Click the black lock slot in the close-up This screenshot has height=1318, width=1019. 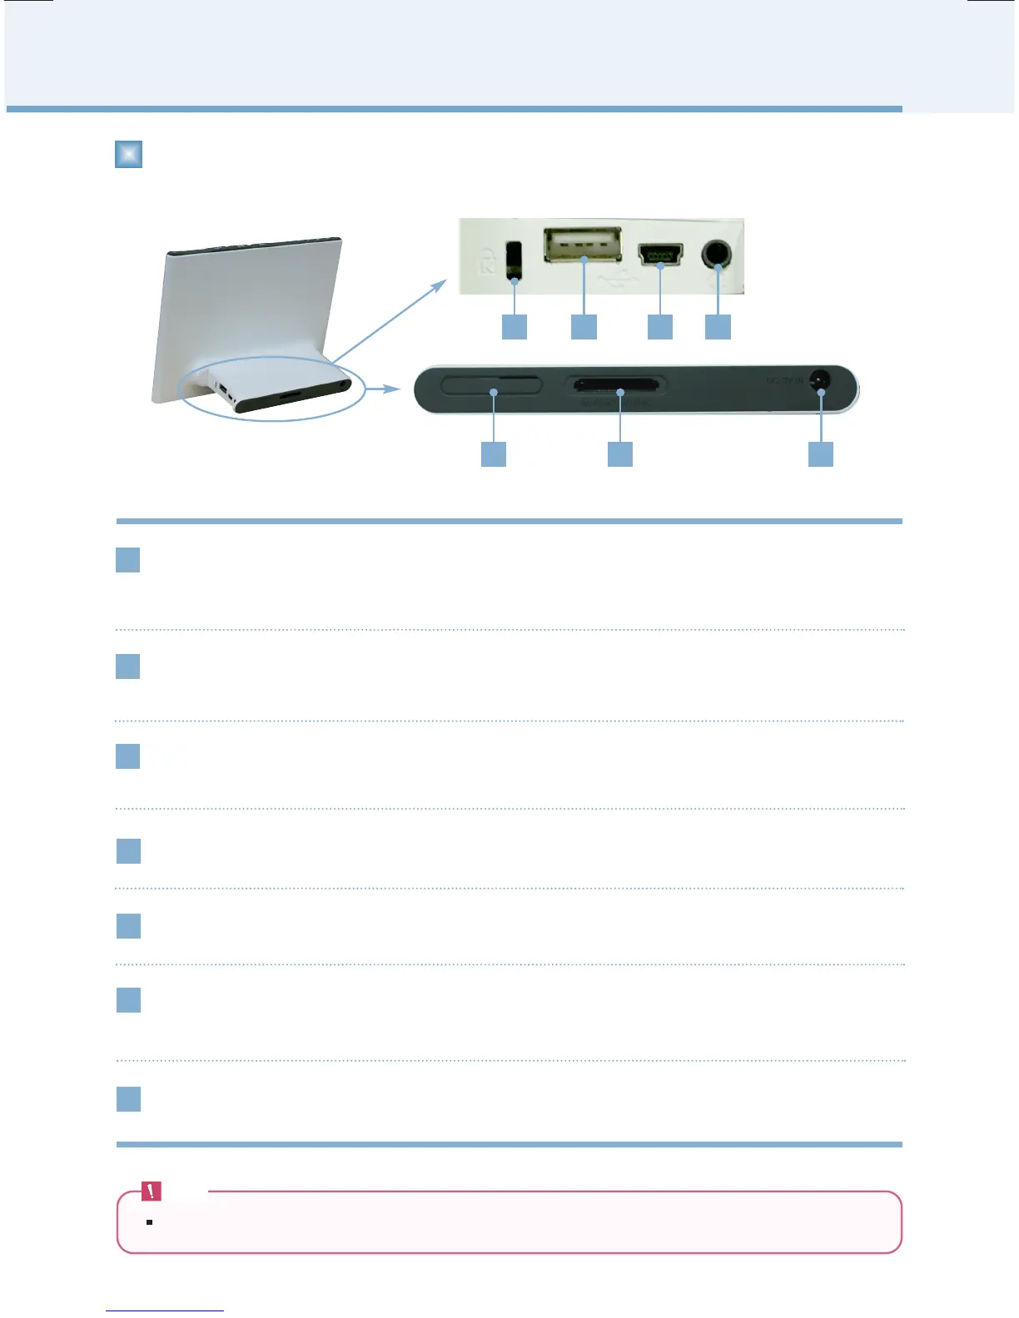(514, 260)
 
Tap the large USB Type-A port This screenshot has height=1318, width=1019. (583, 245)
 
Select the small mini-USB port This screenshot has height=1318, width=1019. (660, 252)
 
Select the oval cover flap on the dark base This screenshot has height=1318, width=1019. (491, 384)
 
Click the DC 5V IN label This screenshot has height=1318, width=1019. (784, 381)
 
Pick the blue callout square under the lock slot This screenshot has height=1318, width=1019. (514, 326)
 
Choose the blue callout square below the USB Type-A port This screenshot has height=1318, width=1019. (584, 326)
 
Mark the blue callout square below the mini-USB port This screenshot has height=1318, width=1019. (660, 326)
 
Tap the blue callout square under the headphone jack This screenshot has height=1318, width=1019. (718, 326)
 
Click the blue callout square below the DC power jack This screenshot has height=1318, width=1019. (821, 454)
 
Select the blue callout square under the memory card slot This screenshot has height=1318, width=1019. (620, 454)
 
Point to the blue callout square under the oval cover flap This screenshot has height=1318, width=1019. (494, 454)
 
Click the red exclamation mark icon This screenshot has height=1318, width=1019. (152, 1192)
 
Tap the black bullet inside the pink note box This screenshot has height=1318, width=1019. (149, 1222)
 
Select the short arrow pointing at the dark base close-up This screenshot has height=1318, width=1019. (385, 389)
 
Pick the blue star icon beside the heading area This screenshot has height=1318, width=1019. (128, 155)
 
